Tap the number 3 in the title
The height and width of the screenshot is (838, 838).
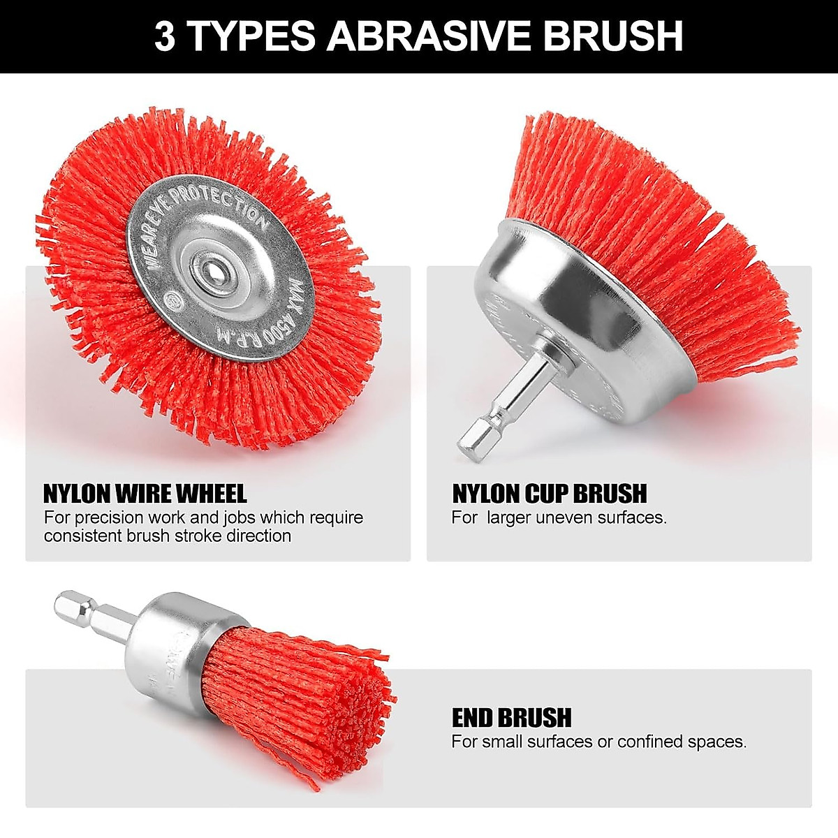pos(164,36)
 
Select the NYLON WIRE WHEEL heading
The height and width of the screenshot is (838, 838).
pos(145,493)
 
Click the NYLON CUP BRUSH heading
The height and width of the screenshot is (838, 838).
pos(550,493)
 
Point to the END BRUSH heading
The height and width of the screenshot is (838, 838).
pos(511,717)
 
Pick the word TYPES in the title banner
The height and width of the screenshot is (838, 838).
pos(252,36)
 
